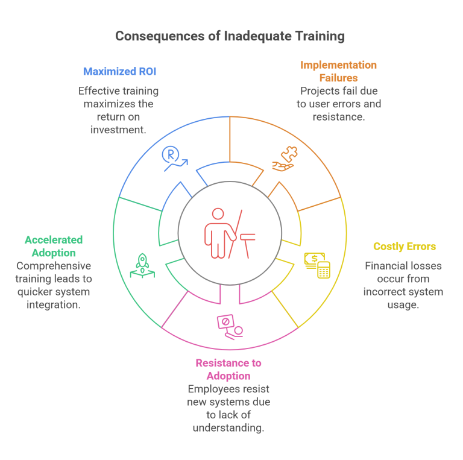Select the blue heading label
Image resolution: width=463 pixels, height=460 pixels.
point(121,74)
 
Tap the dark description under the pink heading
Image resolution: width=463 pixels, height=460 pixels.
point(224,402)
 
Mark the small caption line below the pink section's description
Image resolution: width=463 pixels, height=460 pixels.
point(224,429)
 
